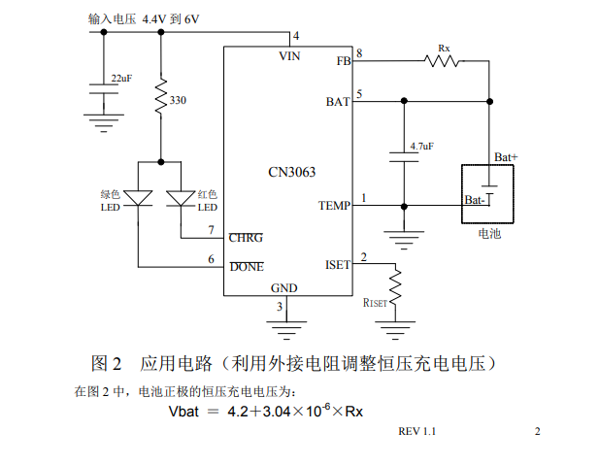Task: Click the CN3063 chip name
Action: click(x=291, y=173)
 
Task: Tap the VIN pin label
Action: click(x=289, y=56)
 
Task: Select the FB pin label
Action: click(x=344, y=61)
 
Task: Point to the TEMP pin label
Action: click(x=334, y=206)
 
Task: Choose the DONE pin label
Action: click(x=246, y=266)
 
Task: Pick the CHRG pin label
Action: click(x=246, y=237)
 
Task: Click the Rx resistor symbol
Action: click(x=443, y=61)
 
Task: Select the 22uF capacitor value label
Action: click(x=121, y=77)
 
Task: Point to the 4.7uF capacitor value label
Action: click(x=421, y=146)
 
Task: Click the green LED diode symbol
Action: click(x=139, y=198)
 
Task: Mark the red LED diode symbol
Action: click(x=181, y=198)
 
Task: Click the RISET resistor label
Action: click(x=375, y=303)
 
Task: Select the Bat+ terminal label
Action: click(x=506, y=156)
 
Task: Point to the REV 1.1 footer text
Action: click(x=417, y=431)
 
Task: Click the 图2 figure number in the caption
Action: click(x=106, y=364)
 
